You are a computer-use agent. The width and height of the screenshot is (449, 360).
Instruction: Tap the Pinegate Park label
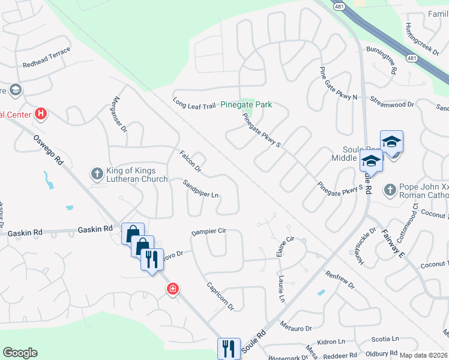pyautogui.click(x=246, y=105)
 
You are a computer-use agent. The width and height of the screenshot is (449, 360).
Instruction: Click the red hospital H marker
pyautogui.click(x=41, y=113)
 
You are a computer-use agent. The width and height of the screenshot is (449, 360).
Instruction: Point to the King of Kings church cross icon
pyautogui.click(x=97, y=174)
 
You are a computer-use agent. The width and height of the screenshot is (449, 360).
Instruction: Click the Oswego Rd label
pyautogui.click(x=49, y=150)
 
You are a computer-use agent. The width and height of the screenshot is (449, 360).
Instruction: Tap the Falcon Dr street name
pyautogui.click(x=190, y=163)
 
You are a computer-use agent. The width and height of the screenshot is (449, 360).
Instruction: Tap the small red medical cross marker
pyautogui.click(x=173, y=290)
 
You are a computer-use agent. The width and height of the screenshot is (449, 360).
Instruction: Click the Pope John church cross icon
pyautogui.click(x=390, y=190)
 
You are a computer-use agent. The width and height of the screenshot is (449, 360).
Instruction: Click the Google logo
pyautogui.click(x=20, y=353)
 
